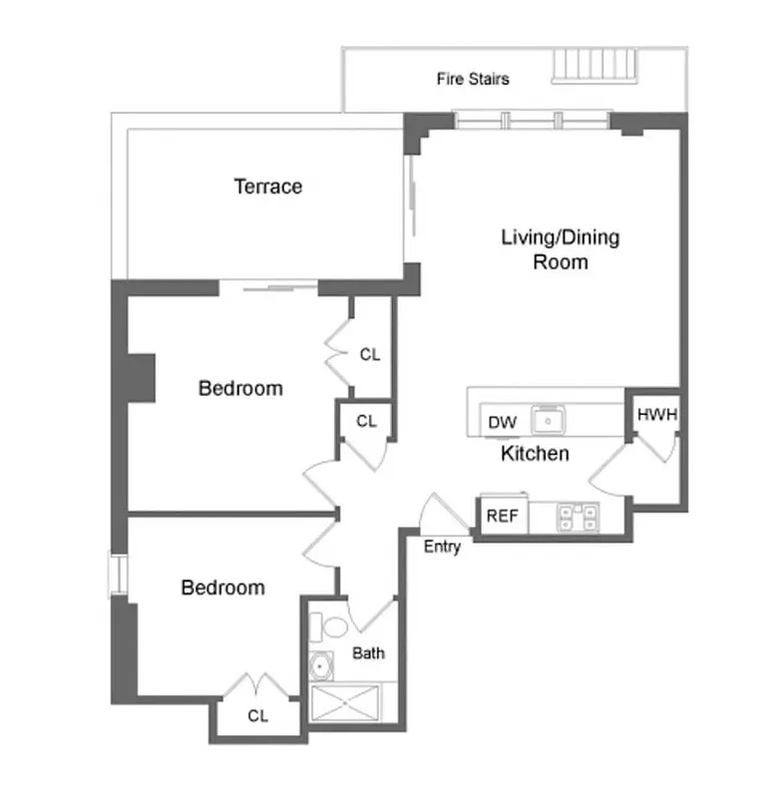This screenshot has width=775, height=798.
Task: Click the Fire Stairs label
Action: (x=473, y=79)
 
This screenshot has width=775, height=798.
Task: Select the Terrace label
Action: (x=267, y=187)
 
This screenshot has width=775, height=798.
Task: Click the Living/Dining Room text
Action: (x=560, y=249)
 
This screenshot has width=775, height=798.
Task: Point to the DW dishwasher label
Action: (x=503, y=423)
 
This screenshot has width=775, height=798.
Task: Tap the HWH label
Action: (x=656, y=415)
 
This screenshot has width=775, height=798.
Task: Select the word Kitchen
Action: (x=535, y=454)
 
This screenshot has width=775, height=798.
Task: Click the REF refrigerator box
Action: (x=501, y=517)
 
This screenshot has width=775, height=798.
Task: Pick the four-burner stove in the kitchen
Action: (x=579, y=517)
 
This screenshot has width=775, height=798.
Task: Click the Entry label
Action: (x=442, y=547)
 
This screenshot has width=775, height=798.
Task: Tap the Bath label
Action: (x=369, y=653)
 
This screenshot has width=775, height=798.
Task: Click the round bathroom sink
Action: (x=323, y=665)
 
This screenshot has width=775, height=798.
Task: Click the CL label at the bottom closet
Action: (x=258, y=715)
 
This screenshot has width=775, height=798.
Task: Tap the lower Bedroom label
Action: (x=222, y=588)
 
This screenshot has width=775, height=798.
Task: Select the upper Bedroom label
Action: (x=240, y=388)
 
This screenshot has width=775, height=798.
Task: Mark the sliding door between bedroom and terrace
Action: (x=267, y=288)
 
